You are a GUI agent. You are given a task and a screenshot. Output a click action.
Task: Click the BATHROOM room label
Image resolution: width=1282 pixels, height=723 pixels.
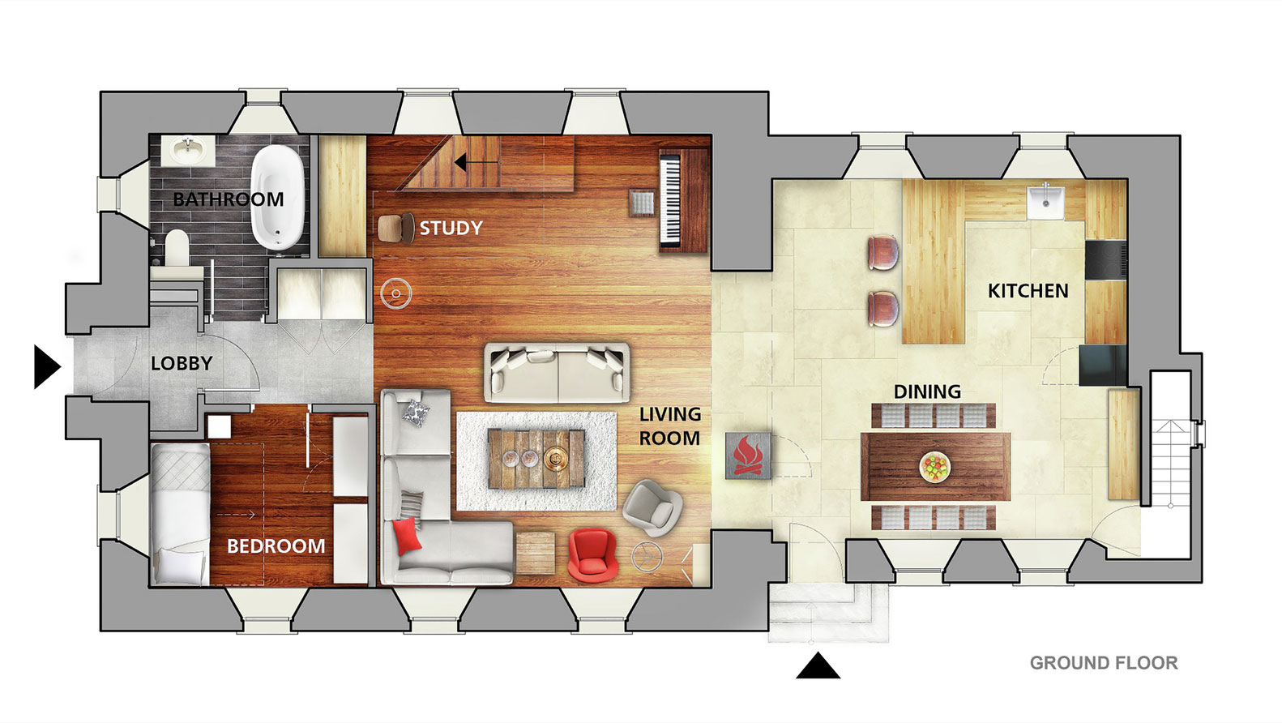tap(229, 199)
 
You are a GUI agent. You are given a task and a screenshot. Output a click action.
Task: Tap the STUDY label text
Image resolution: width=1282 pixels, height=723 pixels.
tap(451, 228)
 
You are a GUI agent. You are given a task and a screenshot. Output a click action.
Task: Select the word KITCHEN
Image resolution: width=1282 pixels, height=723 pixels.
tap(1028, 291)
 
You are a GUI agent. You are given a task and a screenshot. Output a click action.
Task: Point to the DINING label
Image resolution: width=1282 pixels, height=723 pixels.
tap(927, 391)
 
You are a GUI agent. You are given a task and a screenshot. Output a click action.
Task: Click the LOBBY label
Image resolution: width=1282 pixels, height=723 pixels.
tap(182, 363)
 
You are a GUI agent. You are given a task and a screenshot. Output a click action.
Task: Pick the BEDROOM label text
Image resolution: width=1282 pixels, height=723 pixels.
tap(276, 546)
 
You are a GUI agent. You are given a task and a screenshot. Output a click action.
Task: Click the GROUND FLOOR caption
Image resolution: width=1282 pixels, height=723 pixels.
tap(1104, 663)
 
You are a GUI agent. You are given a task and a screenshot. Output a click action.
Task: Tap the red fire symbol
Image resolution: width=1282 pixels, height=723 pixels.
tap(748, 456)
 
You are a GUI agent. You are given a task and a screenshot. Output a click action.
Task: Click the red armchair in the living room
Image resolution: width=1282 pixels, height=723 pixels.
tap(592, 555)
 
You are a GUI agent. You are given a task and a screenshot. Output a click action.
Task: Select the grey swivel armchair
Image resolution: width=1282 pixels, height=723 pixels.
tap(652, 507)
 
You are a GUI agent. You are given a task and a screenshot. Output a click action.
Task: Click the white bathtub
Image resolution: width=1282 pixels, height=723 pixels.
tap(278, 198)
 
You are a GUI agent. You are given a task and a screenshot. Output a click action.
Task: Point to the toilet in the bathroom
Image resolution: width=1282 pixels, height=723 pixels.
tap(177, 248)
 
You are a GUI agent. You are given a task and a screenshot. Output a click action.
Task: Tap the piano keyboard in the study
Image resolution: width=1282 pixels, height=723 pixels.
tap(670, 200)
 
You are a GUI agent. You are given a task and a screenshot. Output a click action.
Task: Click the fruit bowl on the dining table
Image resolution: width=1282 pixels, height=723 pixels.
tap(935, 467)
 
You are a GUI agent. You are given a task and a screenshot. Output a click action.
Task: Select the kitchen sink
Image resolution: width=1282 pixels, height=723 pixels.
tap(1045, 203)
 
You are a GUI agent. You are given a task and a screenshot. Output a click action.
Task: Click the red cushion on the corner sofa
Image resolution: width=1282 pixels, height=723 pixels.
tap(408, 536)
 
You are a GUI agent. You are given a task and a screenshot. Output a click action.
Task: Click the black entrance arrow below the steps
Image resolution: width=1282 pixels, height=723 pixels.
tap(818, 665)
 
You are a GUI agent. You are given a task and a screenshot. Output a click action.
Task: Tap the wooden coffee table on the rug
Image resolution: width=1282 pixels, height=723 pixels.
tap(536, 459)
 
